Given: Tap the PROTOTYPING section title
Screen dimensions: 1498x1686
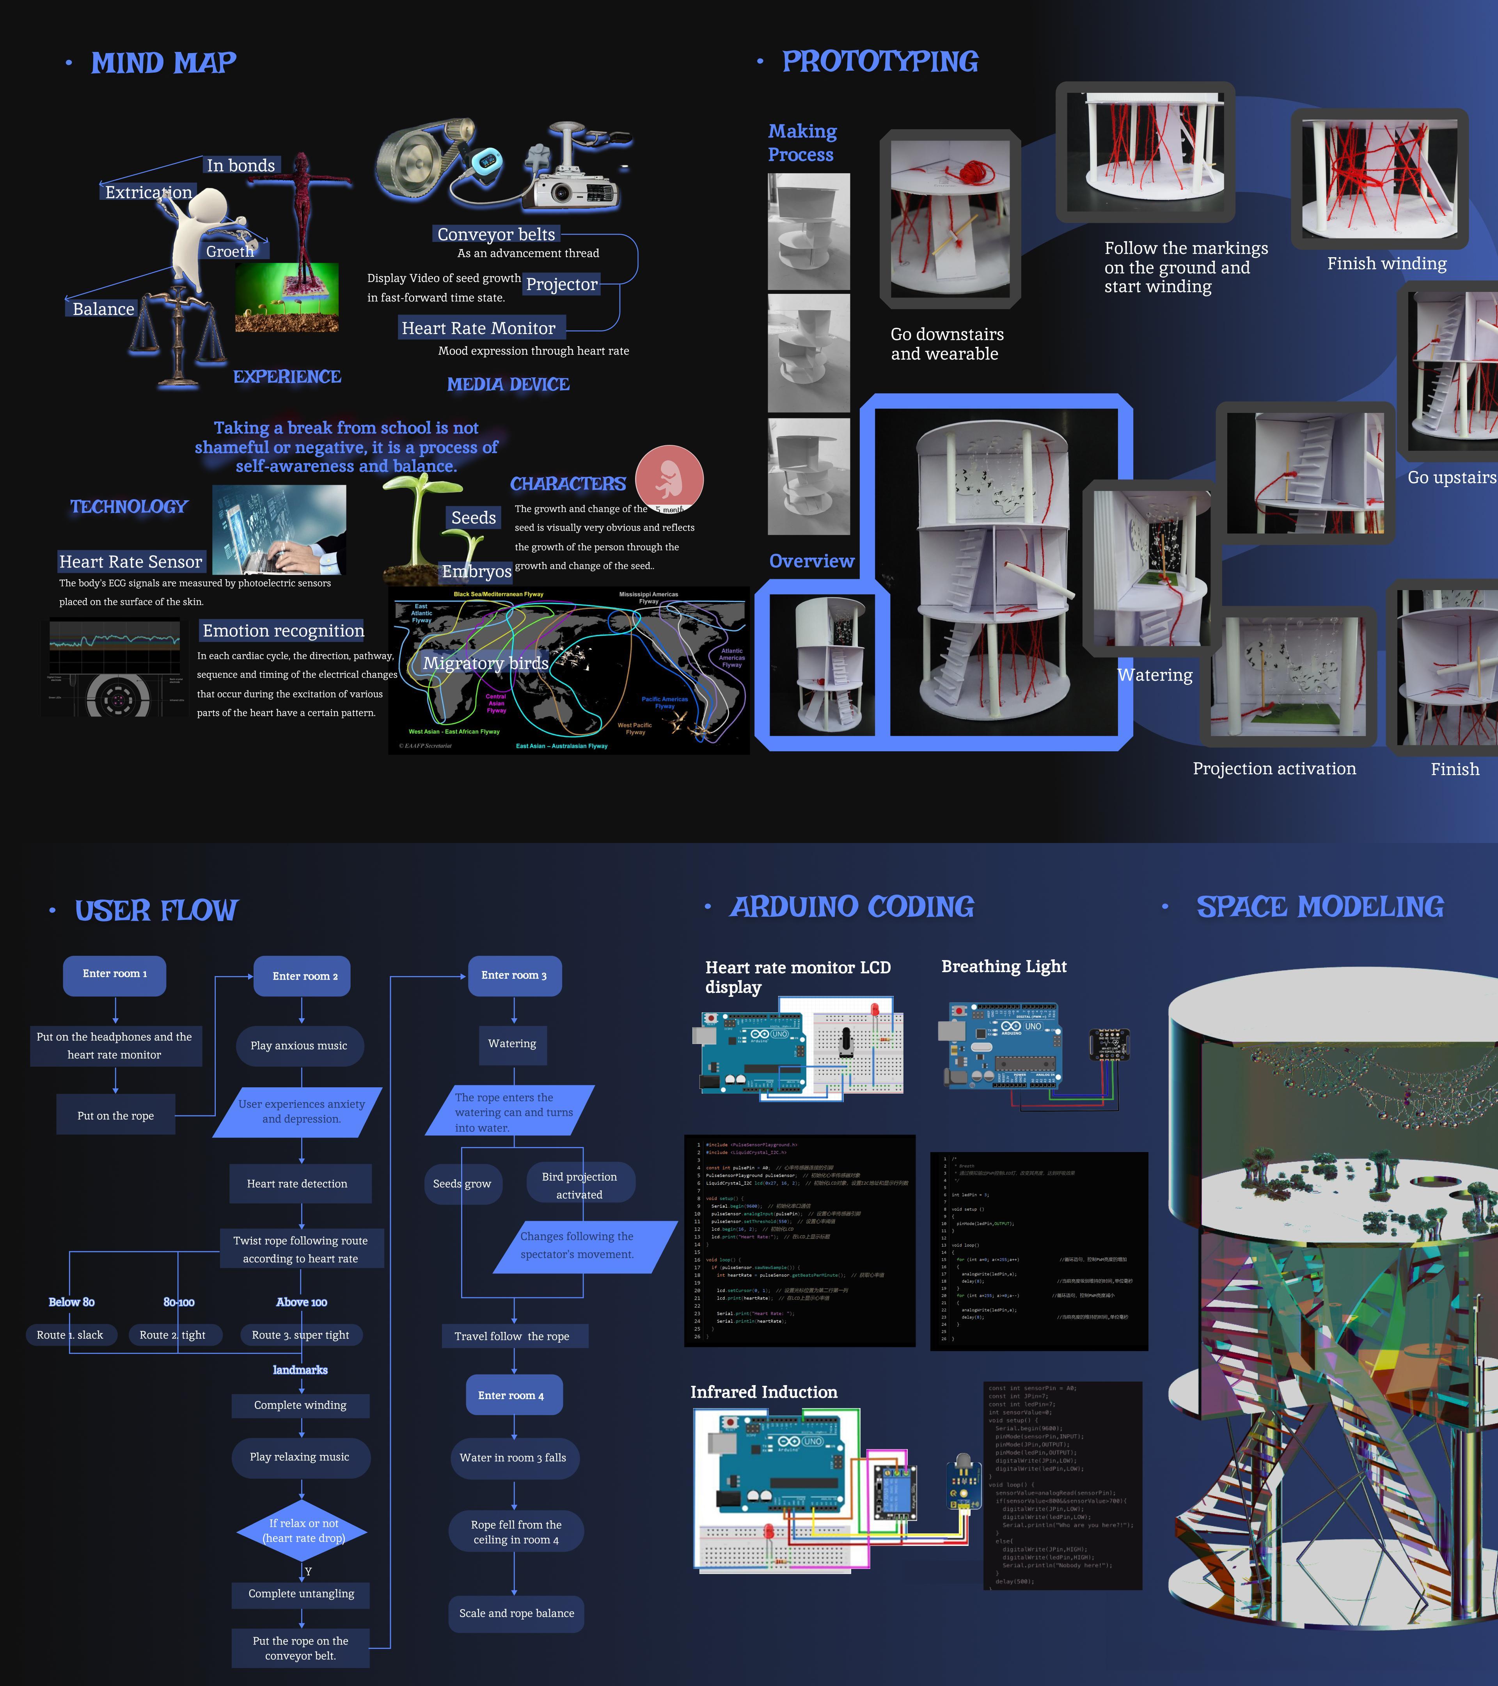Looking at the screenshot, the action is coord(880,62).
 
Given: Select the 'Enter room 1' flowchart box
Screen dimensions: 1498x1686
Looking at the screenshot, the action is coord(115,974).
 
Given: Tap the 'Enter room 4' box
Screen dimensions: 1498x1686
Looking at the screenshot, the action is coord(511,1396).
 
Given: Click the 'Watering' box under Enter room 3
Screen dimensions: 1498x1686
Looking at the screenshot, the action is coord(512,1044).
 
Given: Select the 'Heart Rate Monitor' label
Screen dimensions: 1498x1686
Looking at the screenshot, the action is coord(478,328).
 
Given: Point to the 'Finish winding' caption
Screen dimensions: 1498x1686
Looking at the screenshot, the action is coord(1387,264).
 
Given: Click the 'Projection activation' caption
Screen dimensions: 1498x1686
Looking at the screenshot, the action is coord(1274,769).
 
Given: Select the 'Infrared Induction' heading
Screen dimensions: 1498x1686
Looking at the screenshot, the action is coord(763,1393).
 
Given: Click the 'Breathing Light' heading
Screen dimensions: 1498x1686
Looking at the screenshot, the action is coord(1003,967).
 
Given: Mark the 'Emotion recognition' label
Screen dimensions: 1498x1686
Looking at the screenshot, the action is coord(283,631).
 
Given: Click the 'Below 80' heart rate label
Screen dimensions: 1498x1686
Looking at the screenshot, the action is coord(72,1302).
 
